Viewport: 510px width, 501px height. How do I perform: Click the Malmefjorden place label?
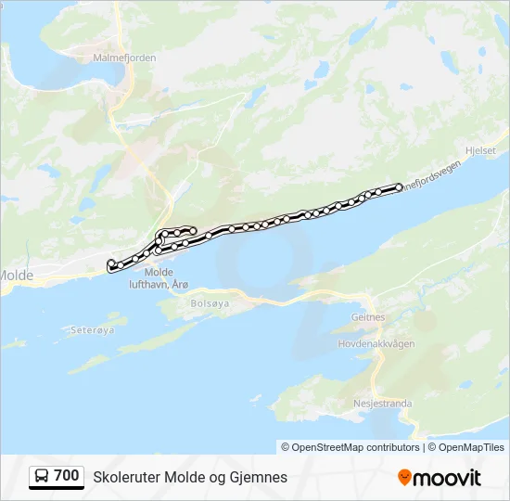pos(124,58)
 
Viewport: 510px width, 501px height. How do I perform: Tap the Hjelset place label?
pos(481,149)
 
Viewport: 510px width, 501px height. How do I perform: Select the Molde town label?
pos(17,276)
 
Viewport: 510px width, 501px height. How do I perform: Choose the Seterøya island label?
pos(92,329)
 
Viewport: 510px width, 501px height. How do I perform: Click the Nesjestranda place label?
pos(383,404)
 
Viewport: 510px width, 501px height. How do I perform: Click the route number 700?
pos(67,476)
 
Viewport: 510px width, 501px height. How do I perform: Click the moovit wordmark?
pos(448,478)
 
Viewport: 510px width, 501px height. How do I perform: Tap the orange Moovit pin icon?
pos(404,477)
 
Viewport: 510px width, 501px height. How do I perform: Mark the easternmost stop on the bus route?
pos(400,186)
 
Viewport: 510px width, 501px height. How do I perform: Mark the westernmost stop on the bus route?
pos(111,263)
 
